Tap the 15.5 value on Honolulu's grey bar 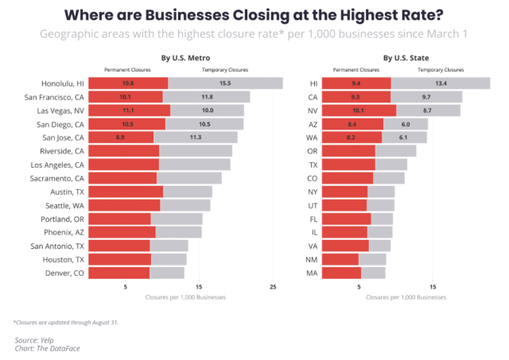tap(225, 83)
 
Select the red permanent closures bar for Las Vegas tap(128, 110)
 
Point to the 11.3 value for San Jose tap(195, 137)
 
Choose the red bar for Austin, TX tap(125, 192)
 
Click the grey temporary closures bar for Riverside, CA tap(196, 151)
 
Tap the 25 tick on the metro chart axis tap(273, 286)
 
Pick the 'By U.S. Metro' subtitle tap(185, 58)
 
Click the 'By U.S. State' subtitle tap(406, 58)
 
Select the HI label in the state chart tap(313, 83)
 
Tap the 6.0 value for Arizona tap(406, 124)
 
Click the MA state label tap(313, 273)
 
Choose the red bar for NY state tap(345, 192)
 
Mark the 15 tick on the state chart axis tap(433, 286)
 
